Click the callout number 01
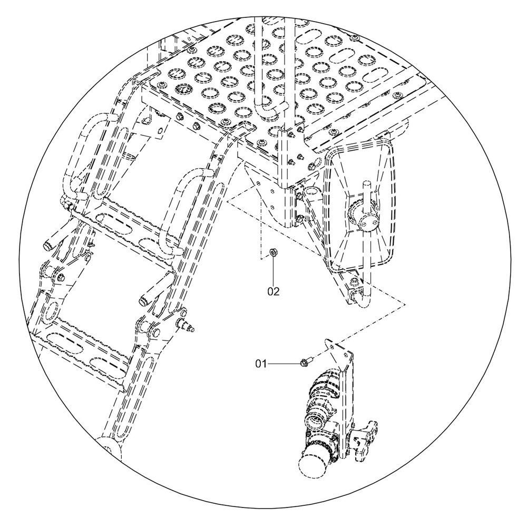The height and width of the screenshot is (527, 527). [261, 364]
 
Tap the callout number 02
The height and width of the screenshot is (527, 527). [273, 291]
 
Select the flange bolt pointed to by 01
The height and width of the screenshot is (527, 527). [305, 363]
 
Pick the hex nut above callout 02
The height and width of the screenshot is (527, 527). [273, 252]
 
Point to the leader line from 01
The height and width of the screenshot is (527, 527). [284, 364]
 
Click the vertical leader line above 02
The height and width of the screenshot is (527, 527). [273, 270]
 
